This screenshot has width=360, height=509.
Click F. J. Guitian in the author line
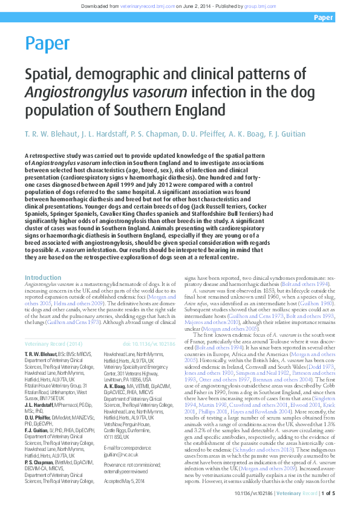286,134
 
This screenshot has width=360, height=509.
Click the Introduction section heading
42,277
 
